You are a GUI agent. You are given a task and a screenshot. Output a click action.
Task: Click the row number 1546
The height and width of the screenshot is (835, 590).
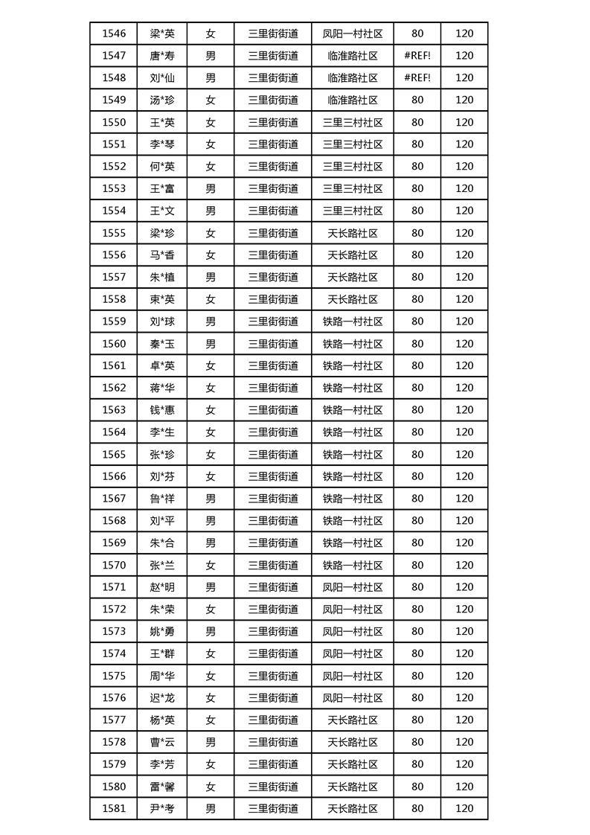[x=114, y=33]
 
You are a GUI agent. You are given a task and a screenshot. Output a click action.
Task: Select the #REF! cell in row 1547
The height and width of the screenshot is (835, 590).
[x=417, y=56]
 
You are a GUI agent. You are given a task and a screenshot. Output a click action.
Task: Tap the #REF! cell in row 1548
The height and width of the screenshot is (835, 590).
[x=417, y=77]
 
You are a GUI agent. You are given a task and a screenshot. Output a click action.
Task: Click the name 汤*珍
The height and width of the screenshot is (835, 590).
[x=161, y=100]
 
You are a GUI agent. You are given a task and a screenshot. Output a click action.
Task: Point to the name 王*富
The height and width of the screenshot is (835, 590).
[x=161, y=188]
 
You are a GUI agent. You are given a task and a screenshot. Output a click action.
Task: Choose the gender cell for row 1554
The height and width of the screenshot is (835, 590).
[x=211, y=211]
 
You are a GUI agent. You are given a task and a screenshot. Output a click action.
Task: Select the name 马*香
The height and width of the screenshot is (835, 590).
[x=161, y=255]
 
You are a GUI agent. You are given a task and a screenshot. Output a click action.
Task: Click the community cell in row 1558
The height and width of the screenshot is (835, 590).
[x=353, y=299]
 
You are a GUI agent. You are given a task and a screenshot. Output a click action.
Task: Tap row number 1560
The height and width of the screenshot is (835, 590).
[x=114, y=343]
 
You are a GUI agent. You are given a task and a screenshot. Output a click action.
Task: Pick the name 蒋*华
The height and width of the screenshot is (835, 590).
[x=161, y=388]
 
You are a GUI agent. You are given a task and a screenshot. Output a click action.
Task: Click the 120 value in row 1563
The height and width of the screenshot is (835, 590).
[x=464, y=410]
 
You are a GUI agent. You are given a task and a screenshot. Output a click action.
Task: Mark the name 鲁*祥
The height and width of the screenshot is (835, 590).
[x=161, y=499]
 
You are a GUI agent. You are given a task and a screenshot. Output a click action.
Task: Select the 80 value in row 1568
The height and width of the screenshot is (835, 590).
[x=417, y=520]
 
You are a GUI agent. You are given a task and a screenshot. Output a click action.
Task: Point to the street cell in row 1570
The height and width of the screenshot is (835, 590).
[x=273, y=565]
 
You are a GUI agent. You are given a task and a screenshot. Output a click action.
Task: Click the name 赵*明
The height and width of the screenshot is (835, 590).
[x=161, y=587]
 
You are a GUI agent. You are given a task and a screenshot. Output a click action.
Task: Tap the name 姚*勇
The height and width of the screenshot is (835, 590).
[x=161, y=631]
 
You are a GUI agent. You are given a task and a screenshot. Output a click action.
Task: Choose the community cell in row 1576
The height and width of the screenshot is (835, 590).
[x=353, y=697]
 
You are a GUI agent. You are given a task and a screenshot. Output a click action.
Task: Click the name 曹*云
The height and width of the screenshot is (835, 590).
[x=161, y=742]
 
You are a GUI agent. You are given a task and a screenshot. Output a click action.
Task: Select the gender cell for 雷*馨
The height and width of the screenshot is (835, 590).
[x=211, y=787]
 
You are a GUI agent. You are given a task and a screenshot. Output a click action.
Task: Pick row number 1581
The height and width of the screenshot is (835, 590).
[x=114, y=808]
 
